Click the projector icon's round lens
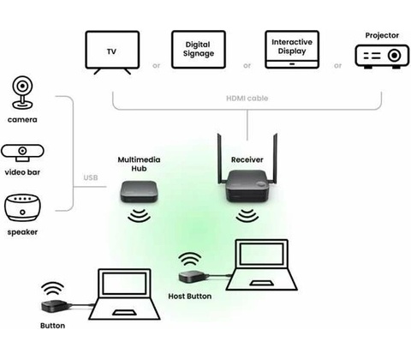pos(395,55)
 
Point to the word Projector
pos(382,35)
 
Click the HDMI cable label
pos(247,99)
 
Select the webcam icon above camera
pos(22,93)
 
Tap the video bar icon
pos(22,153)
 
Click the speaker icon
pos(22,207)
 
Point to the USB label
pos(91,177)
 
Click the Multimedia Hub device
pos(139,191)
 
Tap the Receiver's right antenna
pos(275,159)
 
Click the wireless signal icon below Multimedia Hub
pos(139,216)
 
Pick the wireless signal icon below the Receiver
pos(247,216)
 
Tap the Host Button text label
pos(190,297)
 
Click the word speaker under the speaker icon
pos(22,232)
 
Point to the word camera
pos(22,120)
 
